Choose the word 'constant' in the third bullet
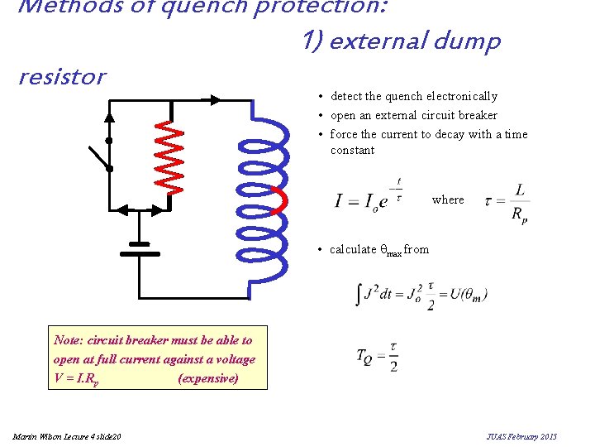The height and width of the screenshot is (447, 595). (x=352, y=150)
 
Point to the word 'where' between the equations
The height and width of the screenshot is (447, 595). (x=448, y=199)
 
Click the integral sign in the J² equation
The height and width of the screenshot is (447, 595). (x=359, y=295)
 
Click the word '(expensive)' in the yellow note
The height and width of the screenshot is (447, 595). (x=208, y=378)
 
